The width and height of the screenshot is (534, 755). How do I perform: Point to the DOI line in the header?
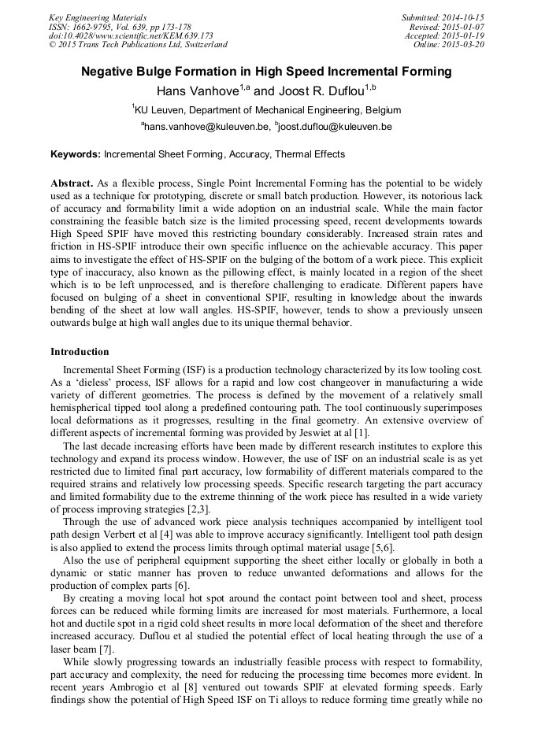[x=131, y=35]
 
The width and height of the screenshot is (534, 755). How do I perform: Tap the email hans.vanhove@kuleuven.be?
[x=206, y=127]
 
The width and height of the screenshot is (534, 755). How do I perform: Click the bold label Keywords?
[x=76, y=155]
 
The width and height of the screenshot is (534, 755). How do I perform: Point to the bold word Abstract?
[x=72, y=183]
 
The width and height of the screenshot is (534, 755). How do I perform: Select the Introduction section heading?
[x=80, y=352]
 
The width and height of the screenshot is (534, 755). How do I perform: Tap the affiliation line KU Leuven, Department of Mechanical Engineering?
[x=268, y=110]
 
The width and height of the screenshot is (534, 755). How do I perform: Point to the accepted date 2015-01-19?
[x=461, y=35]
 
